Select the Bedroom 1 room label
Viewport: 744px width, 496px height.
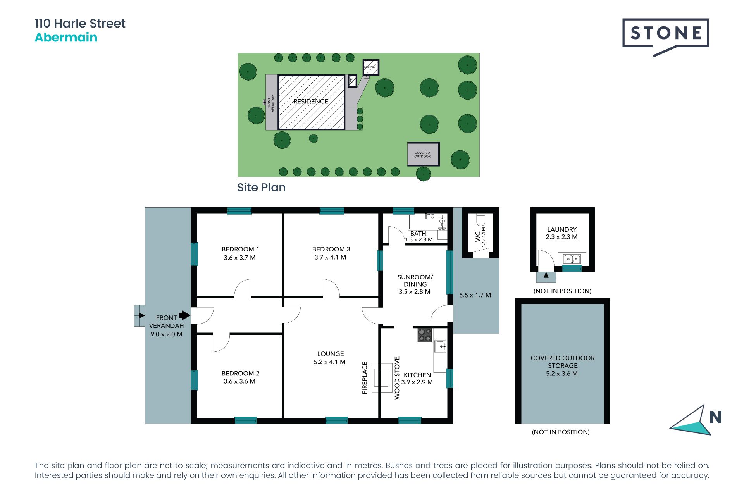(x=240, y=249)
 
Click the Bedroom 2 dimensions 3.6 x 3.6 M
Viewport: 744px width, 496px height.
(x=239, y=381)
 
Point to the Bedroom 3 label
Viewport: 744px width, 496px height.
(x=331, y=249)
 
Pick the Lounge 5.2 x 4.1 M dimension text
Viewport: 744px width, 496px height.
(x=329, y=362)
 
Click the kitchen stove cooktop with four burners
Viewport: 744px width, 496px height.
(x=425, y=335)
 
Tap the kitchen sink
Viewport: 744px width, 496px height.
(x=440, y=346)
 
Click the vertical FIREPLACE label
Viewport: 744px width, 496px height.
(x=365, y=378)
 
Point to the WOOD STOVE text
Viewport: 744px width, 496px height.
(x=397, y=378)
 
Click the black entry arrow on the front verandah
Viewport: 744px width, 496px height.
(x=184, y=315)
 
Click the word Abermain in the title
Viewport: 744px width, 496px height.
(x=66, y=38)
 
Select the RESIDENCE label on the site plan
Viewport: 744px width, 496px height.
(x=311, y=102)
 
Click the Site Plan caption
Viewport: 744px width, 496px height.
(x=262, y=188)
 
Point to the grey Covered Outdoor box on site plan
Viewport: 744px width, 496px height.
(x=423, y=154)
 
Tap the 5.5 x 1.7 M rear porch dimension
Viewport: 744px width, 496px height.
(x=475, y=295)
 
